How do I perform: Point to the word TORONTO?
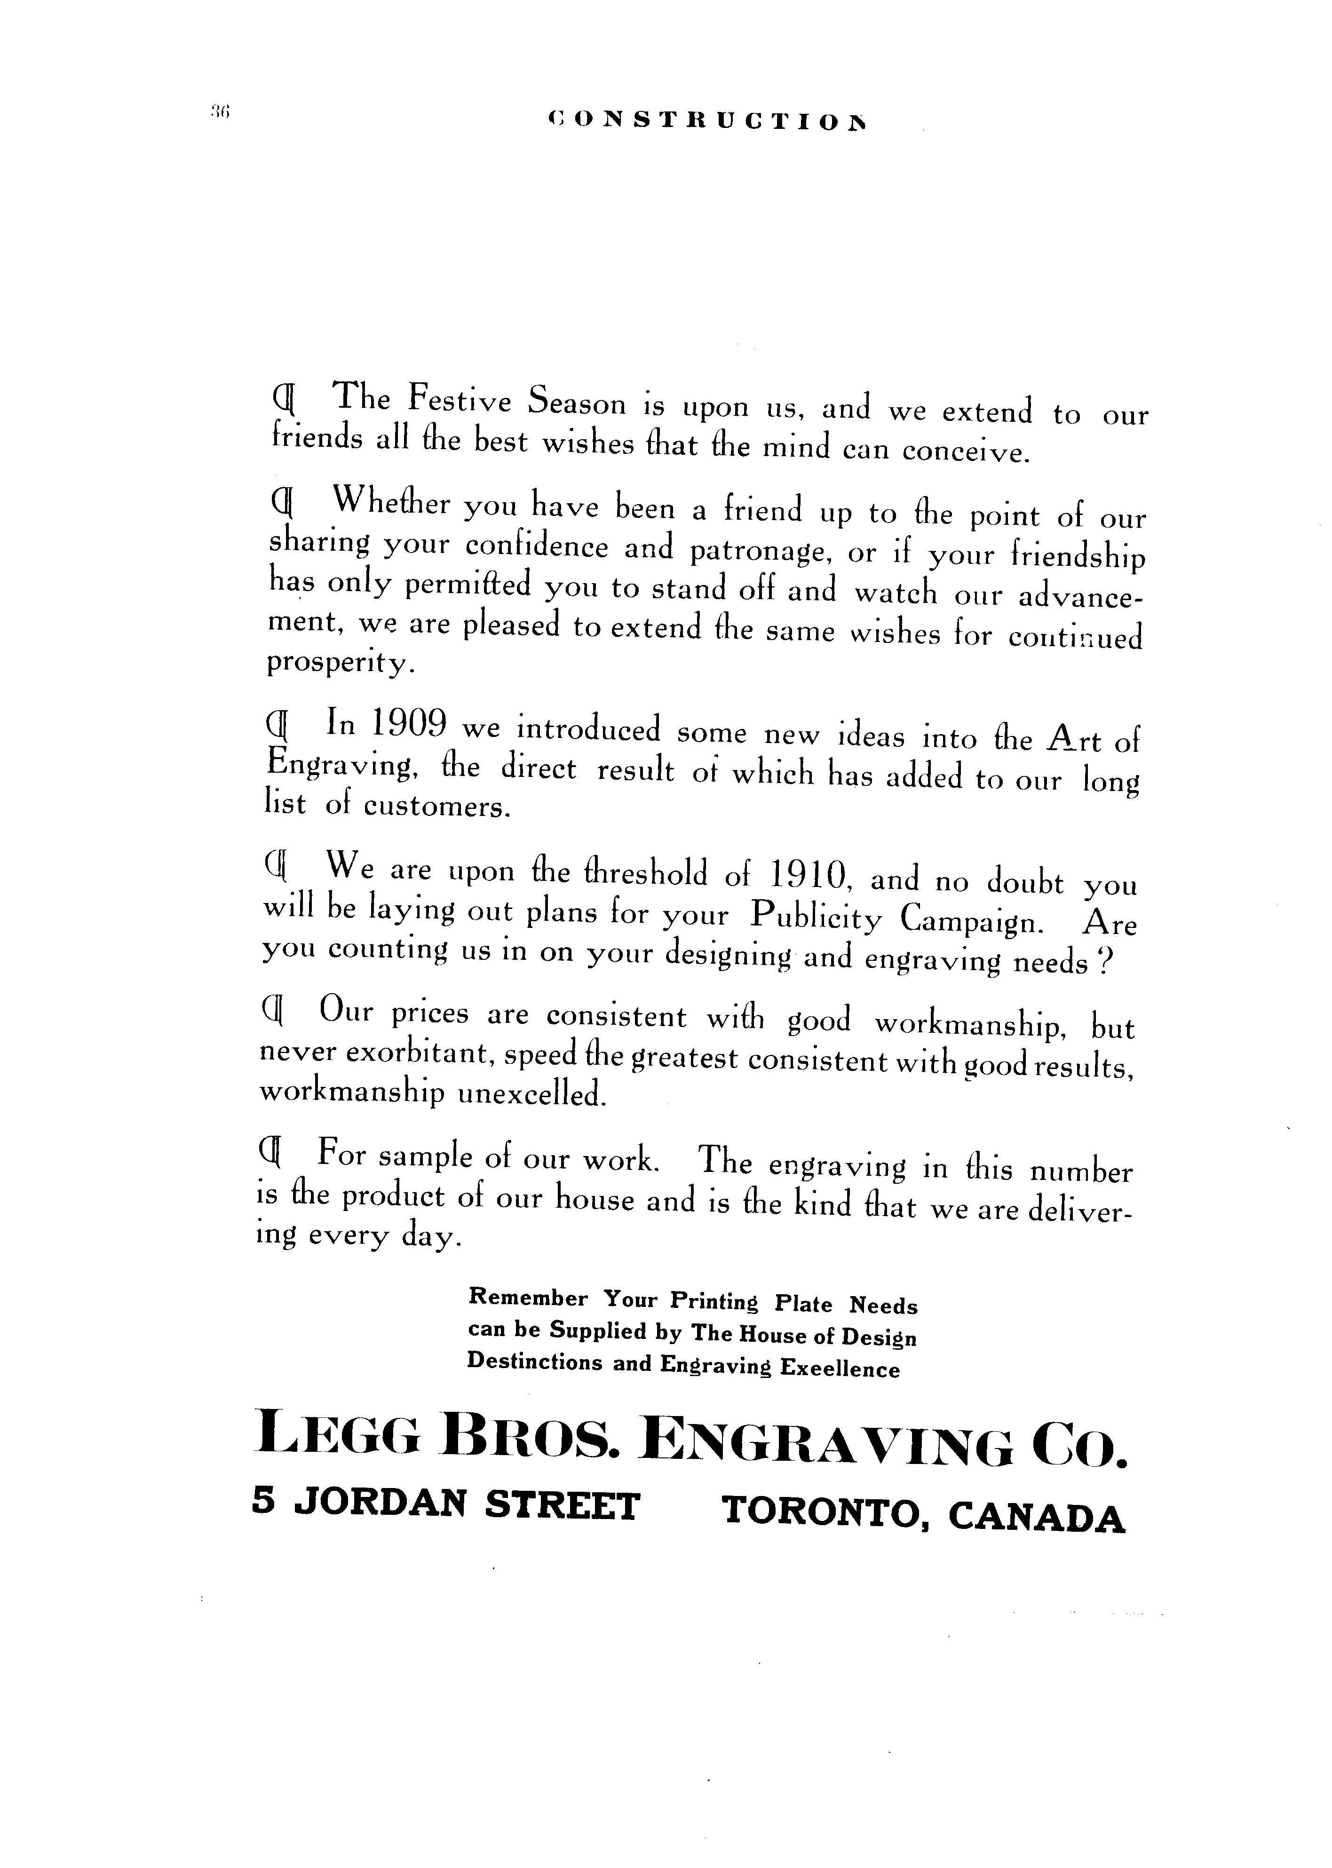coord(825,1512)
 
